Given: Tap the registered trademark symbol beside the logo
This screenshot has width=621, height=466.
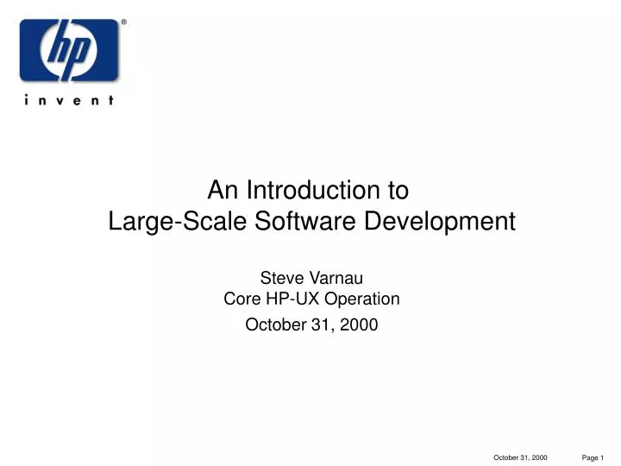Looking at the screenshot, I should pos(123,22).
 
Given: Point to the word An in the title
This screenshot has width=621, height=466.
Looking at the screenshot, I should pos(223,189).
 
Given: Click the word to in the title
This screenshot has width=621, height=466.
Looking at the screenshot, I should pos(398,189).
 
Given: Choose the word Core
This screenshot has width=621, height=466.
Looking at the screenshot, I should pos(241,299).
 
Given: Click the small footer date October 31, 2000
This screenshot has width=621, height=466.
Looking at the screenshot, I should pos(520,457).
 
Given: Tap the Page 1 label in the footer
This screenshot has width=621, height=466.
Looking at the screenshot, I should pos(593,457).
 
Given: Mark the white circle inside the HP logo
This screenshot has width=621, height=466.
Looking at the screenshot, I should pos(69,50).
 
